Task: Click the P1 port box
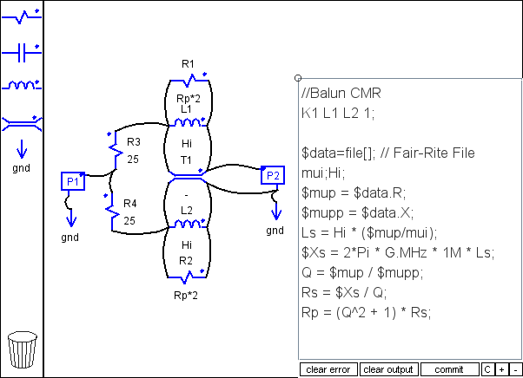pyautogui.click(x=73, y=181)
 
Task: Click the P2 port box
pyautogui.click(x=273, y=175)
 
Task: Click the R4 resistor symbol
pyautogui.click(x=112, y=212)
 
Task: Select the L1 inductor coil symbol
pyautogui.click(x=189, y=123)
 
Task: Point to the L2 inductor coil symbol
pyautogui.click(x=188, y=224)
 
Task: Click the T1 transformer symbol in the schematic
pyautogui.click(x=188, y=175)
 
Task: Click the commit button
pyautogui.click(x=449, y=369)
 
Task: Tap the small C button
pyautogui.click(x=487, y=369)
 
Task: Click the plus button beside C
pyautogui.click(x=501, y=369)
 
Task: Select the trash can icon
pyautogui.click(x=23, y=349)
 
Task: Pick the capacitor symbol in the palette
pyautogui.click(x=22, y=53)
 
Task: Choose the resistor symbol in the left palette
pyautogui.click(x=22, y=16)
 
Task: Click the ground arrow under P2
pyautogui.click(x=275, y=211)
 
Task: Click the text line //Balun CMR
pyautogui.click(x=341, y=93)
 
